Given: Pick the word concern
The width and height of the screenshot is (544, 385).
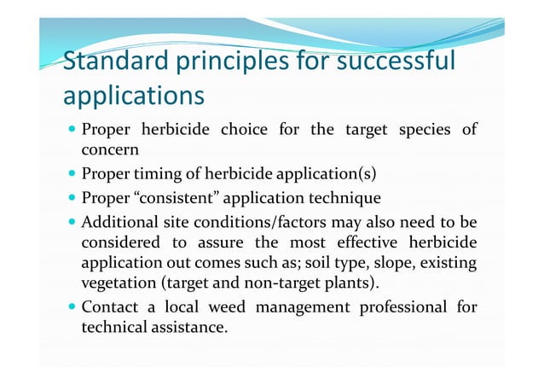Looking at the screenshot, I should (x=109, y=151).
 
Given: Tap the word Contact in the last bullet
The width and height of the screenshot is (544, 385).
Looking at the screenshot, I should (x=107, y=306).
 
